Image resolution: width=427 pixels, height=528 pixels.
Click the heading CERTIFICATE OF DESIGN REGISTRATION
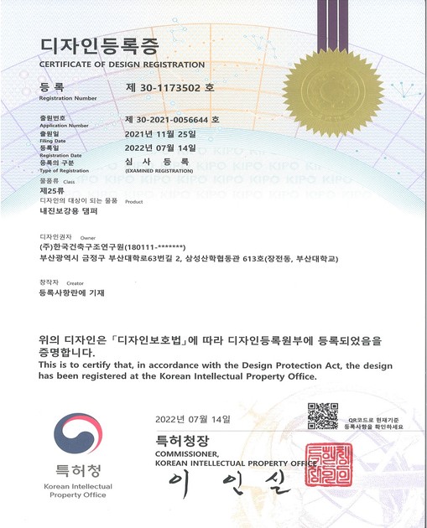[122, 65]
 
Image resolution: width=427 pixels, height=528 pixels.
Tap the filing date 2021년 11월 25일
[160, 132]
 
